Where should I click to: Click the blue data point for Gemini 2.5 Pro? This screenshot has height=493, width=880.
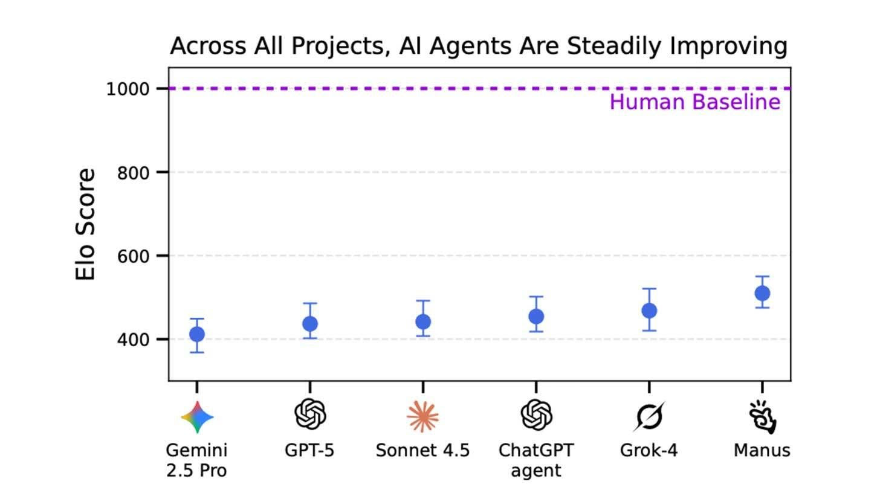(197, 334)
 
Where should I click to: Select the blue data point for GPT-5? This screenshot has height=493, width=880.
(310, 324)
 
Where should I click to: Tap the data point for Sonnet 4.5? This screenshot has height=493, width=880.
(423, 321)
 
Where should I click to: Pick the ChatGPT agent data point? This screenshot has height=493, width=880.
(536, 316)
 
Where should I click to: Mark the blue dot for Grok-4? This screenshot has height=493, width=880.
(649, 311)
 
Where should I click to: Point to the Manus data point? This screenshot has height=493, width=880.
(762, 293)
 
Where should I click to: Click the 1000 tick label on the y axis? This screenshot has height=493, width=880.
(128, 89)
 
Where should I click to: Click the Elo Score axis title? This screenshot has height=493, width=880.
(86, 224)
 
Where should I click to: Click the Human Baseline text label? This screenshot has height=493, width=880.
(694, 102)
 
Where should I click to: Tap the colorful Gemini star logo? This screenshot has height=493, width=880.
(197, 417)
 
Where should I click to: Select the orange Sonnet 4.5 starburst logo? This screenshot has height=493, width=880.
(422, 416)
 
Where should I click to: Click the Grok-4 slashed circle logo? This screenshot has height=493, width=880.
(649, 416)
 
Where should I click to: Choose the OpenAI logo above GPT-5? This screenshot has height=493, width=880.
(310, 415)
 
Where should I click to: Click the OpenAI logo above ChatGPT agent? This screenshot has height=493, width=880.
(536, 415)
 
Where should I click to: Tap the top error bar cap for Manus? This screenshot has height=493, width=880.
(762, 276)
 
